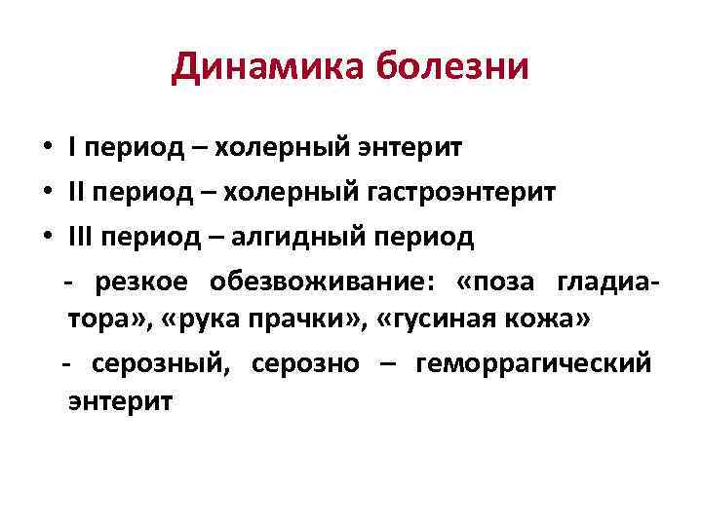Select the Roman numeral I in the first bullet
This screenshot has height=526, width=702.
tap(73, 148)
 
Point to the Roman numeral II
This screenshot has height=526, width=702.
tap(79, 192)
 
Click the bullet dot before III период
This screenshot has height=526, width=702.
tap(46, 237)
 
